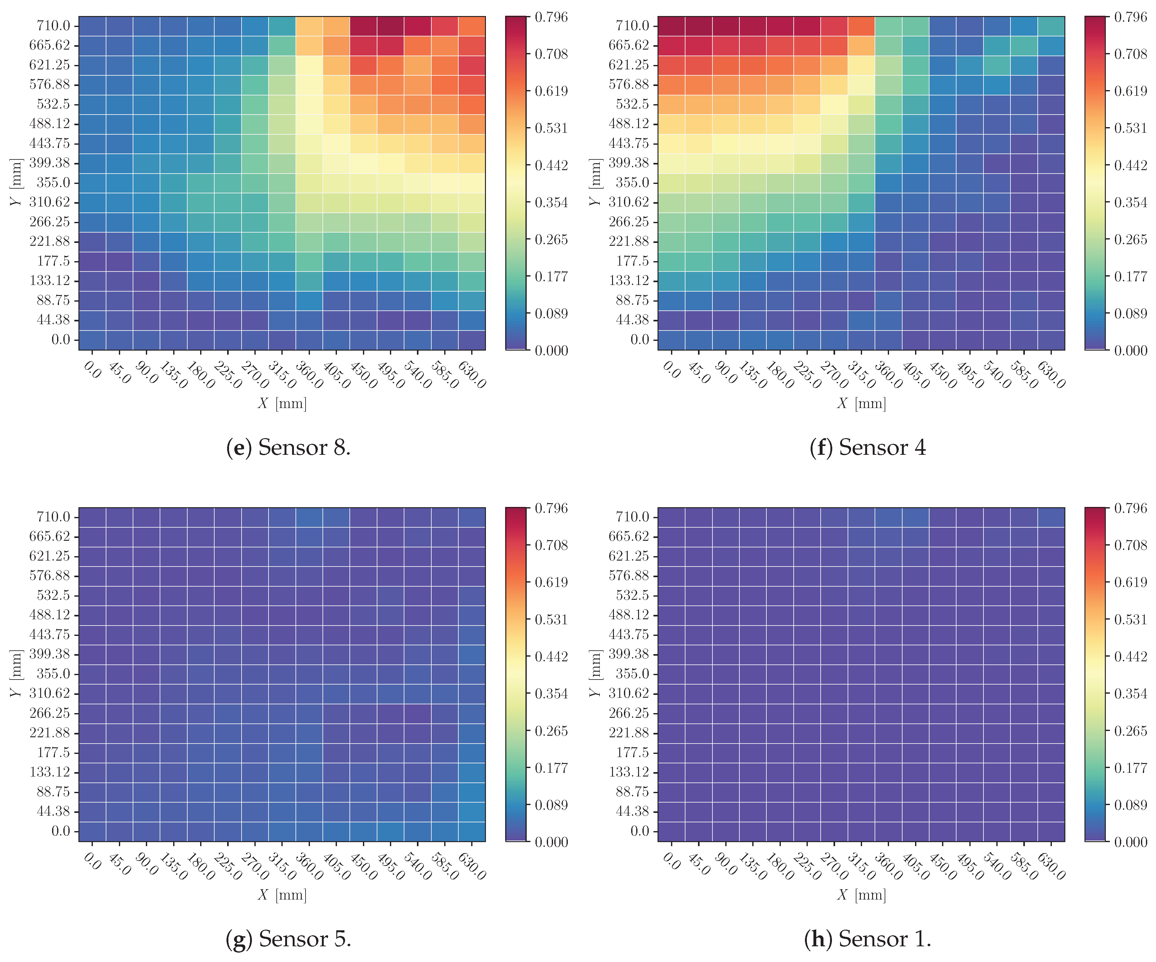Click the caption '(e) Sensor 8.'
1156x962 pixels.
tap(288, 447)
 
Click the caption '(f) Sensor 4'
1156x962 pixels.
tap(868, 447)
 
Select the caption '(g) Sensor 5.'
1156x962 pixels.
tap(288, 938)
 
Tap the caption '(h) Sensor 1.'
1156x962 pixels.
tap(868, 938)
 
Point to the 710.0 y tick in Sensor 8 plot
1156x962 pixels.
tap(53, 26)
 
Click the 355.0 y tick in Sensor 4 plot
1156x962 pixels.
tap(633, 182)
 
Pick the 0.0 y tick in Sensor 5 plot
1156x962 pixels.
tap(61, 831)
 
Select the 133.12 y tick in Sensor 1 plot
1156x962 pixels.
tap(629, 772)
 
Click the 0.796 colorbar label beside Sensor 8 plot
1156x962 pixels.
tap(551, 17)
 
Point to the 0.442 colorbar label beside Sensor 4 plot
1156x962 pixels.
tap(1131, 165)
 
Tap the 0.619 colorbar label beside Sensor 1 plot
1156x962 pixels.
tap(1131, 582)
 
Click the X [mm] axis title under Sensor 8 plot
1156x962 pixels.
tap(282, 404)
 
